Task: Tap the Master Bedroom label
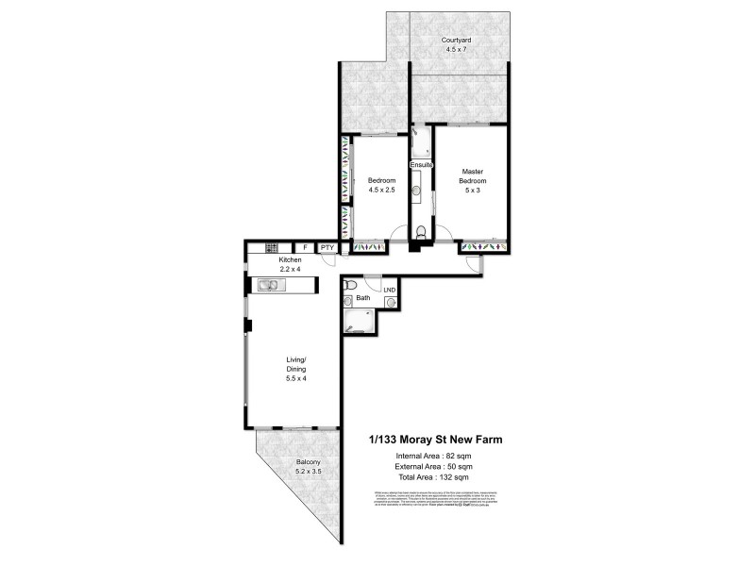point(472,175)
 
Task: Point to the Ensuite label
point(421,165)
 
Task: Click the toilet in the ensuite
point(422,232)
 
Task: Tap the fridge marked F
point(305,248)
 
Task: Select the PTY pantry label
point(327,248)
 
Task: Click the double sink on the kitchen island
point(267,285)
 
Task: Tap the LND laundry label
point(389,291)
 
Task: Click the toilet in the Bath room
point(350,283)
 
